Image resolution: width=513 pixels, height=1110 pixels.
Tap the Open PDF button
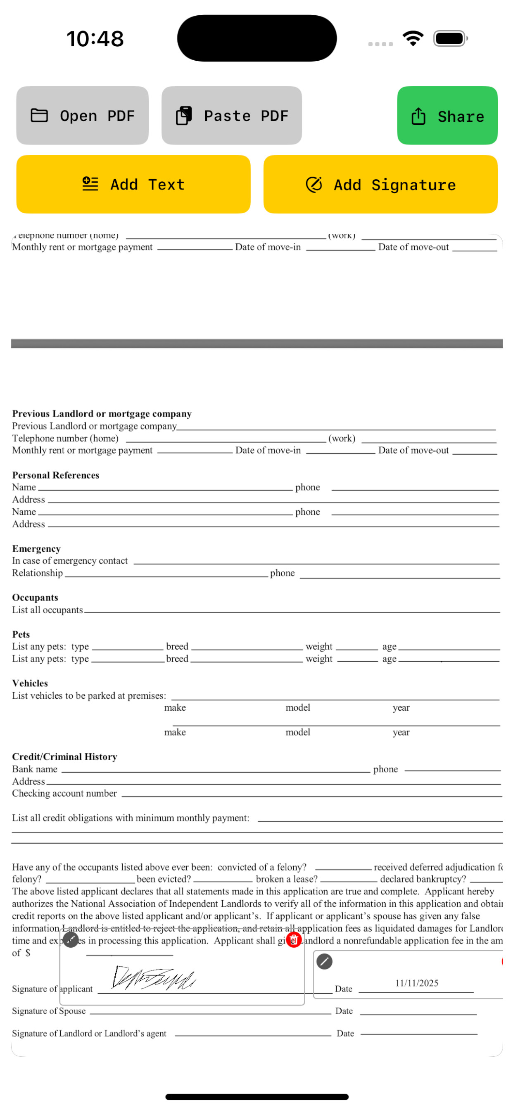point(82,116)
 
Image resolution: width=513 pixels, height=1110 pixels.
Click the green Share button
point(447,116)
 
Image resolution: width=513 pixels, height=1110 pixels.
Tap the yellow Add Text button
point(133,185)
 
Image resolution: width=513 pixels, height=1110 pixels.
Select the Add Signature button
point(380,185)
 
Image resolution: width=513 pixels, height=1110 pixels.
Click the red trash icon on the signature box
point(294,940)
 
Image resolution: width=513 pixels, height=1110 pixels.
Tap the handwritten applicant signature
point(153,977)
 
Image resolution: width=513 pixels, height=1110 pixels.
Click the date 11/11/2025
point(416,983)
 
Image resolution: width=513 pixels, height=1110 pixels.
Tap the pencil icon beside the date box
point(324,961)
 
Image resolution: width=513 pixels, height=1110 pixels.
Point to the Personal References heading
point(56,475)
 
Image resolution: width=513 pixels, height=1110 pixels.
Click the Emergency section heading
point(36,548)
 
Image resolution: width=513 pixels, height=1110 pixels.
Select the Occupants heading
point(35,597)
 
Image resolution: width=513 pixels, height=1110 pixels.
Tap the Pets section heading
point(21,634)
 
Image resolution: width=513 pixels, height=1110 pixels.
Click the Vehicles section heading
point(30,683)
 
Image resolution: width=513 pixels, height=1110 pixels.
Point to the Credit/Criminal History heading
point(65,757)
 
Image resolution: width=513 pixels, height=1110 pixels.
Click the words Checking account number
point(64,793)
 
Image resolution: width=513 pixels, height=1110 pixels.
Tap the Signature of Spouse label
point(49,1011)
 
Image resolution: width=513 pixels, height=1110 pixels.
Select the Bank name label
point(34,769)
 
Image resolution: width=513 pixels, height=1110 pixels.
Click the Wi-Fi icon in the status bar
point(413,38)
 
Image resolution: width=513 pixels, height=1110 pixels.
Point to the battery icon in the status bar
point(450,38)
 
